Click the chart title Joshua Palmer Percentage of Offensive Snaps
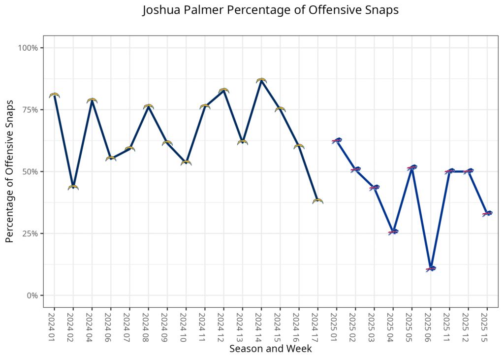270,10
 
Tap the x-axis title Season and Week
270,349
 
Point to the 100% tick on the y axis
28,48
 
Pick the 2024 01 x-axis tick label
54,325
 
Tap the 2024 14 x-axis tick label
261,325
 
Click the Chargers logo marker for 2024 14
261,80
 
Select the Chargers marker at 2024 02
73,187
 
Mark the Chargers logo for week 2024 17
317,201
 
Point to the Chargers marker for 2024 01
54,95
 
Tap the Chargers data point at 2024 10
186,163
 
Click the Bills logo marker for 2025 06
431,269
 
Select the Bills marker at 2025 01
337,140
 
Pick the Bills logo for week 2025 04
393,231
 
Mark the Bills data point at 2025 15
487,213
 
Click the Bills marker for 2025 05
412,167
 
